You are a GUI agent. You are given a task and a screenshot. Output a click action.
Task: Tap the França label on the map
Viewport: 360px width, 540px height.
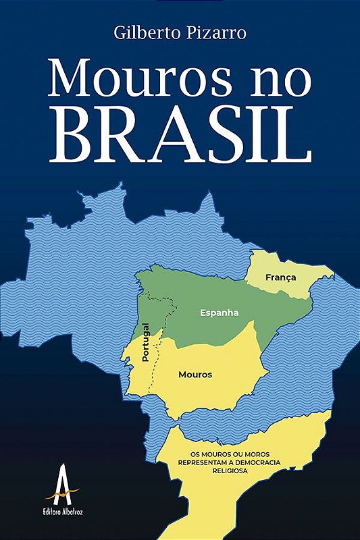click(x=280, y=277)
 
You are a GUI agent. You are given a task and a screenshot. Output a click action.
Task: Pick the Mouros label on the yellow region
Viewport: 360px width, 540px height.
click(x=195, y=374)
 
